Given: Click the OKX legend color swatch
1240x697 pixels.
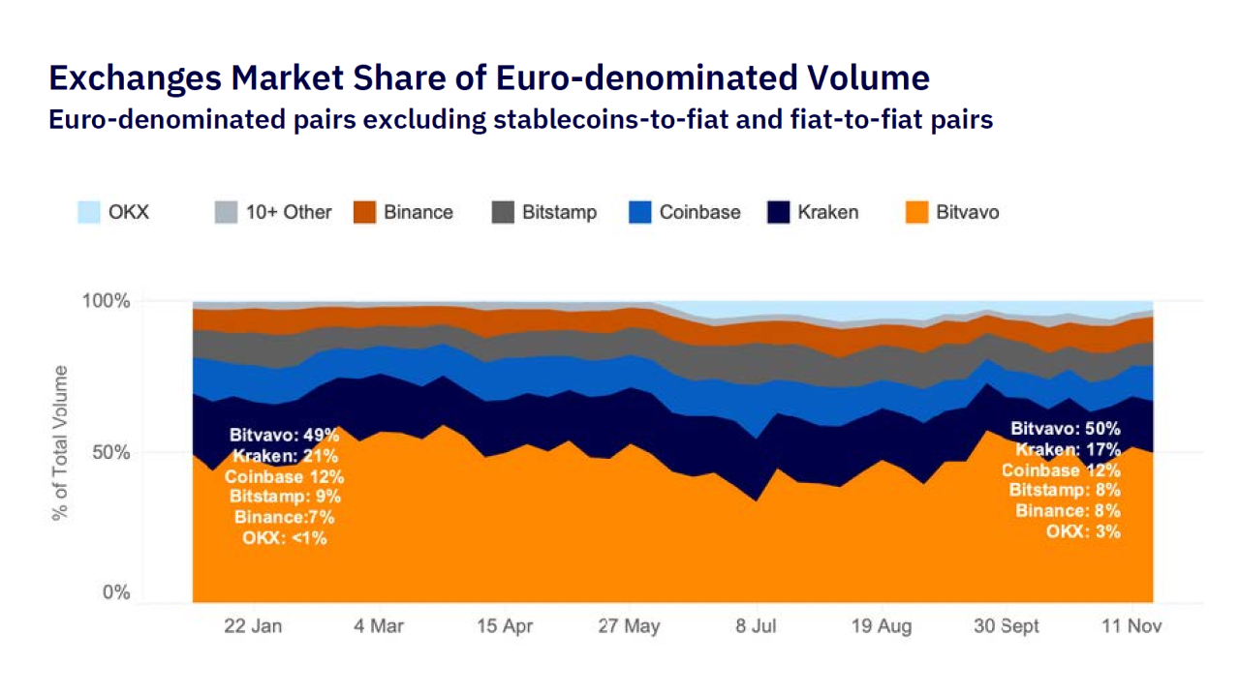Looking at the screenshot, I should point(89,212).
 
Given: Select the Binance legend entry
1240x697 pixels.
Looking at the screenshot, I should point(403,212).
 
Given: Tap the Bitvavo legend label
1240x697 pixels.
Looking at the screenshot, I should point(967,212).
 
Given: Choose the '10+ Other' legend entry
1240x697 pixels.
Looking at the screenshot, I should point(273,212).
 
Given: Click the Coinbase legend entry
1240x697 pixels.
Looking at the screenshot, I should point(684,212).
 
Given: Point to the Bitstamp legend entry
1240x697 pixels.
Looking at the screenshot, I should point(544,212).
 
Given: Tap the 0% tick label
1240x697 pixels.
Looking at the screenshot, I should point(116,593).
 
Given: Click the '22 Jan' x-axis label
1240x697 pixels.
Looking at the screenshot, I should point(253,626).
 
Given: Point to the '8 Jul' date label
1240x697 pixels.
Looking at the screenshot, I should point(755,626).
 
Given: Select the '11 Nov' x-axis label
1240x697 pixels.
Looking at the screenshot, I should point(1131,626).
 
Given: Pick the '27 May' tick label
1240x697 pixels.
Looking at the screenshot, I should point(629,626).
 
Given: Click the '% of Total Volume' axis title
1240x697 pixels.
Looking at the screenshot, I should point(61,442).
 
